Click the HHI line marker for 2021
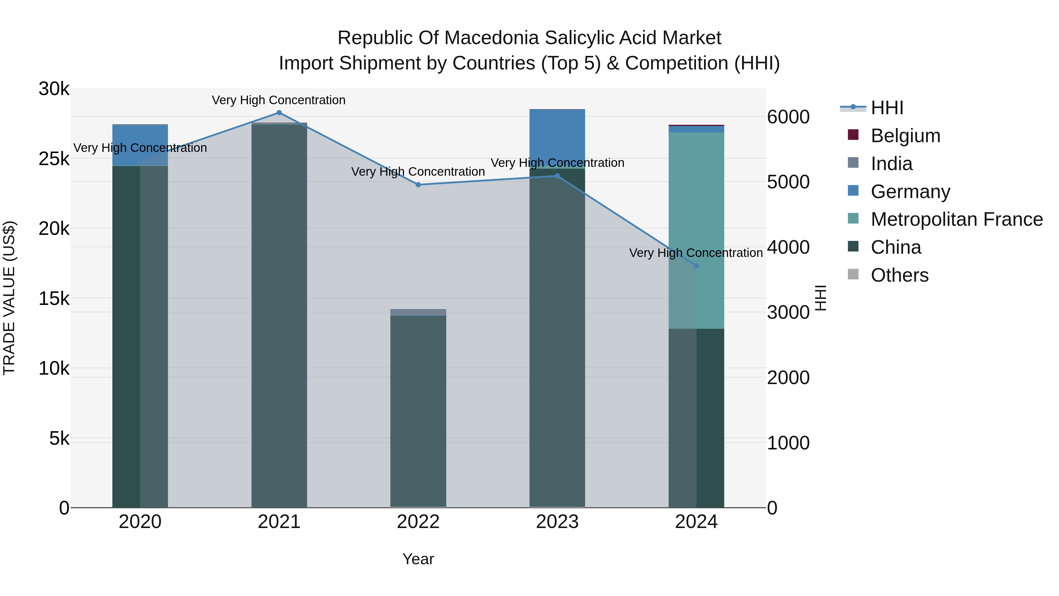[x=279, y=113]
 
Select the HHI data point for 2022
[x=418, y=185]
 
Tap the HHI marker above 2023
[x=557, y=176]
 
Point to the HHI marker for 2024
[x=696, y=266]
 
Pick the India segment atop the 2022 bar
[x=418, y=313]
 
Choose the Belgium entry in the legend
[x=905, y=136]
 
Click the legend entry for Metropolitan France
[x=956, y=219]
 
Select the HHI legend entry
[x=887, y=108]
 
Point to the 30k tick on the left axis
[x=54, y=89]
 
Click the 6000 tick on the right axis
[x=788, y=117]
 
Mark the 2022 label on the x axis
[x=418, y=522]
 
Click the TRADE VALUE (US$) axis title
[x=9, y=298]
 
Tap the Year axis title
[x=418, y=559]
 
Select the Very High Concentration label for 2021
[x=279, y=100]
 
